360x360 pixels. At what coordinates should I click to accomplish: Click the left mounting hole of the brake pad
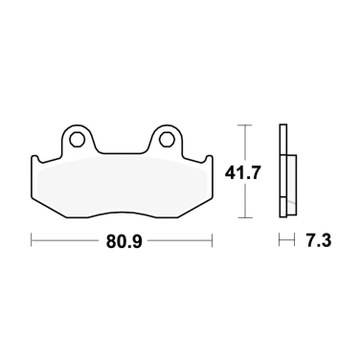pyautogui.click(x=77, y=140)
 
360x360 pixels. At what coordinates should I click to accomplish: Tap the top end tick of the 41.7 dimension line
pyautogui.click(x=246, y=124)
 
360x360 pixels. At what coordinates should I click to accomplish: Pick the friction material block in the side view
pyautogui.click(x=290, y=180)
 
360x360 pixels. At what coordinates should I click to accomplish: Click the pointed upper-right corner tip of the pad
pyautogui.click(x=209, y=157)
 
